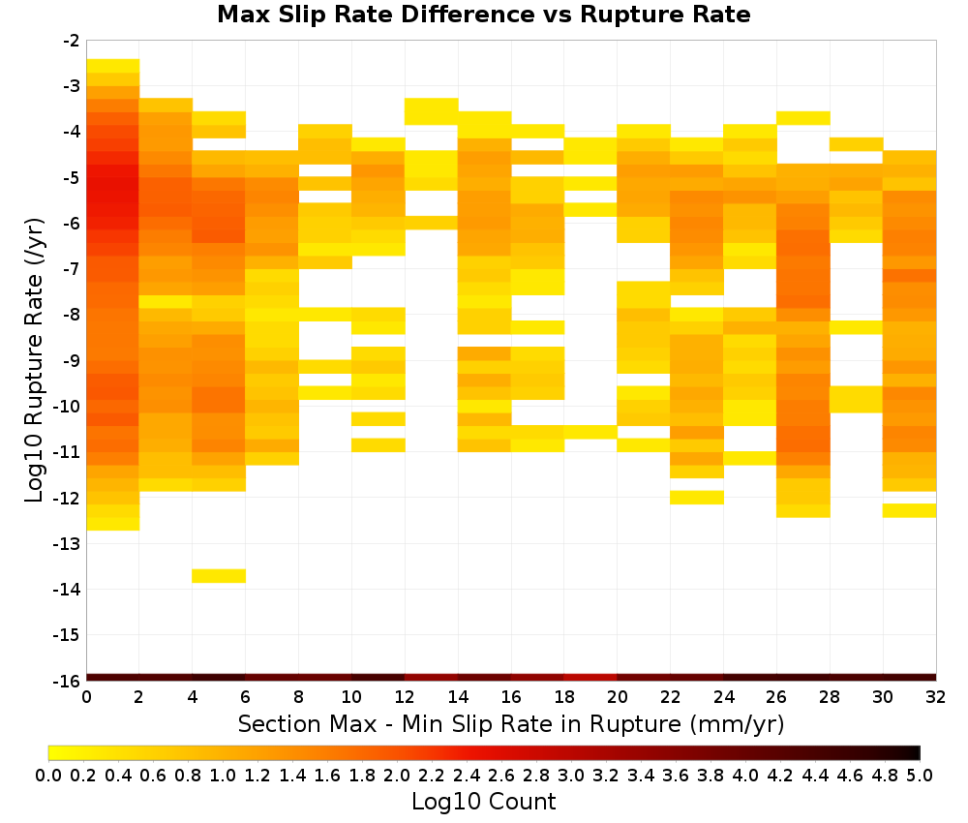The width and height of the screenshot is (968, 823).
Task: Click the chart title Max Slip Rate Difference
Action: (x=378, y=15)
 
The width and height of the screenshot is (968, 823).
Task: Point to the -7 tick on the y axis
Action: (x=72, y=268)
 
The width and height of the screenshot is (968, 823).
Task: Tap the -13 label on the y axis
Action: (x=68, y=543)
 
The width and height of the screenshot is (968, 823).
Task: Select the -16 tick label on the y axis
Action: (x=68, y=681)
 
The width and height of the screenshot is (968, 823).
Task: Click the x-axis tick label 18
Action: (x=563, y=697)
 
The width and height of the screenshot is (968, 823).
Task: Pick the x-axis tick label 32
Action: (x=936, y=697)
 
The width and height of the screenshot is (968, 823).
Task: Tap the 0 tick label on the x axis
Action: (x=86, y=697)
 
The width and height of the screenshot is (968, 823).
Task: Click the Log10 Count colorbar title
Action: (x=483, y=802)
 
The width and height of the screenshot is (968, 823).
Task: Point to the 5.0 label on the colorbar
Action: (x=920, y=775)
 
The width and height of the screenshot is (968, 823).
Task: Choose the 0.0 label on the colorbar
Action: (x=48, y=775)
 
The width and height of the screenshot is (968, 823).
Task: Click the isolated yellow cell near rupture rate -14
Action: (x=219, y=576)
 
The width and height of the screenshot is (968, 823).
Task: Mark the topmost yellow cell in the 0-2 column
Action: (x=113, y=66)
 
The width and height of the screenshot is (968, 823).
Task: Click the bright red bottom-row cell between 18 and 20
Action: (x=590, y=678)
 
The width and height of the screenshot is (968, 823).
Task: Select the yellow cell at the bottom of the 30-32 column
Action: (x=909, y=510)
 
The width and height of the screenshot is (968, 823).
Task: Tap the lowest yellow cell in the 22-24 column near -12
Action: (x=697, y=498)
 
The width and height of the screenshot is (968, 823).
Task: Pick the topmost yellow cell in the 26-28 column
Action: (x=803, y=118)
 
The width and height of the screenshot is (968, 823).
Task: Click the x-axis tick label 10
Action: (x=351, y=697)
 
